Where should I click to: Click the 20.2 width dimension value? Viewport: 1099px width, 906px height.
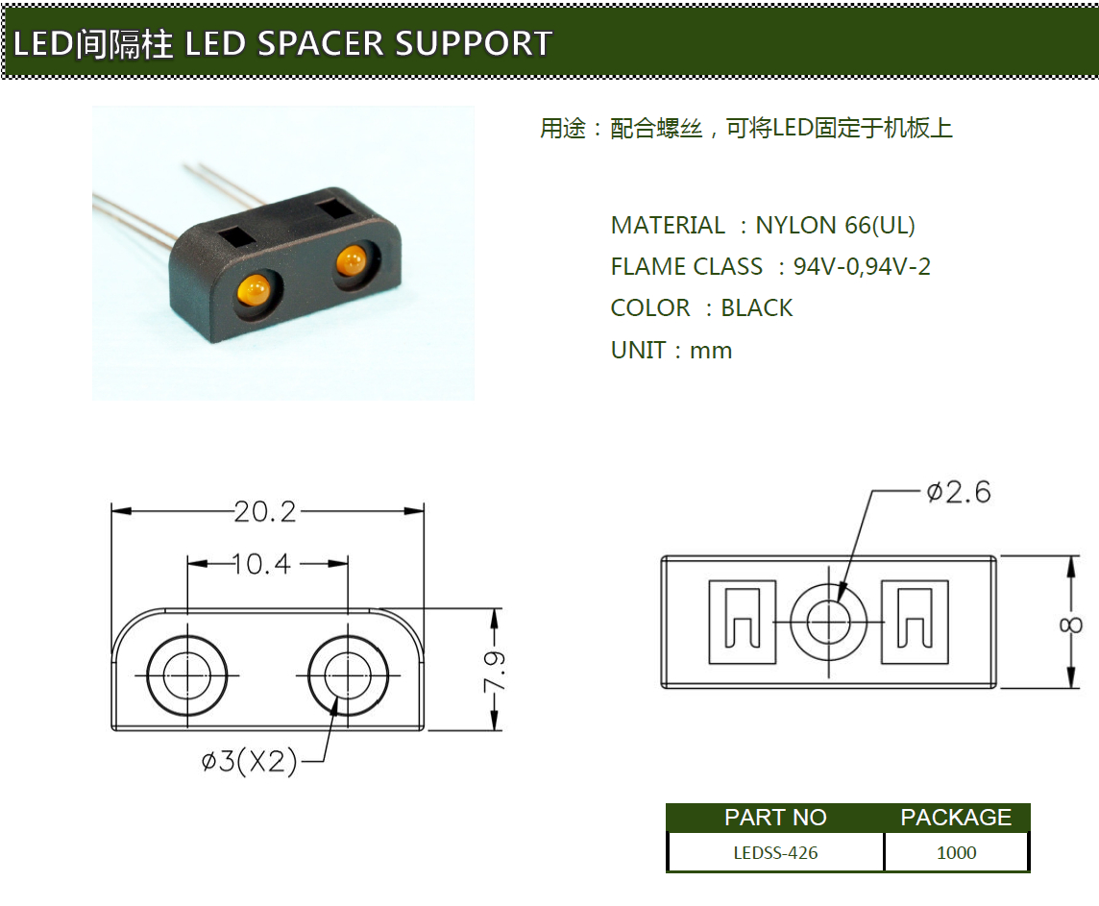(x=266, y=511)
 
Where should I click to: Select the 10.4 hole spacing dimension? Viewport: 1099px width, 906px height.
(x=261, y=564)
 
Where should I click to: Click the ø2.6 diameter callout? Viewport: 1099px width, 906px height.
(x=958, y=492)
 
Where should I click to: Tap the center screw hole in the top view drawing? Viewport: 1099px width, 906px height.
(x=828, y=622)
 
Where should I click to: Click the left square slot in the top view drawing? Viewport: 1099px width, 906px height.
(x=742, y=622)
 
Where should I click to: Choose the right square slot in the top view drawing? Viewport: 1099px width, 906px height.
(x=915, y=622)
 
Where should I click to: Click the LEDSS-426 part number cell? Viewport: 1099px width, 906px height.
(x=775, y=852)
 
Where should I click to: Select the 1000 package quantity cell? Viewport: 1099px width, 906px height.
(x=956, y=852)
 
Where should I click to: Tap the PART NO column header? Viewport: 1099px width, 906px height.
(x=775, y=818)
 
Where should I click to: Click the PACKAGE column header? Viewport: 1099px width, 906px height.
(x=956, y=818)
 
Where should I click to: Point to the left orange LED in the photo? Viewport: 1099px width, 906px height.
(x=254, y=289)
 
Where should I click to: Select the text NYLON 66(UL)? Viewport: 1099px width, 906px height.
(x=835, y=226)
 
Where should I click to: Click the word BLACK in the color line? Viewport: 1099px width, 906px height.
(x=757, y=308)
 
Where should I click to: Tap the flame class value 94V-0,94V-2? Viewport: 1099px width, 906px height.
(x=862, y=267)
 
